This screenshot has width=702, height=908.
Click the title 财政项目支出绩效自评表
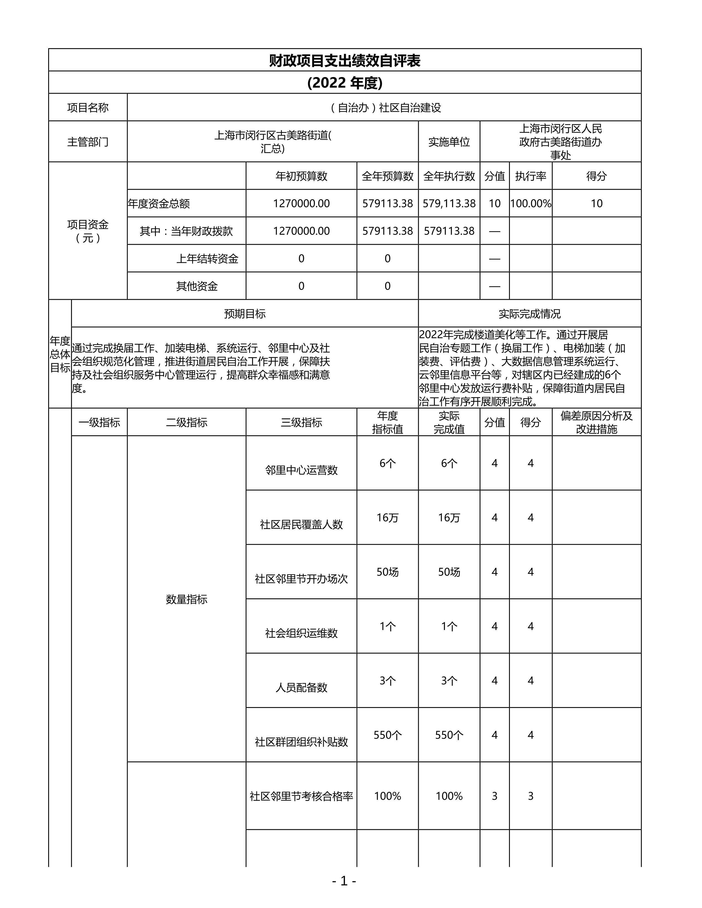point(344,61)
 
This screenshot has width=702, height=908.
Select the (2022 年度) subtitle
point(344,83)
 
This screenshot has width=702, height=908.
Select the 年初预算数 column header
point(301,176)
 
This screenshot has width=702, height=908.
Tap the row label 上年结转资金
point(207,259)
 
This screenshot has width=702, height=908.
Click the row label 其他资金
point(197,286)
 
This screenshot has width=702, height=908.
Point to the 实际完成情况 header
point(529,314)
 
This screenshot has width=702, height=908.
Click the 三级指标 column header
point(301,422)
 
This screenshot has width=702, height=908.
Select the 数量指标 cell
point(186,599)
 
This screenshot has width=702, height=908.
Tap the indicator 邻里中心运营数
point(301,470)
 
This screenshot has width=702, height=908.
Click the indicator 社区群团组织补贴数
point(301,742)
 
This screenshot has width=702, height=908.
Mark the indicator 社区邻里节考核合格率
point(301,796)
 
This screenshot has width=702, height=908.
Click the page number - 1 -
point(344,881)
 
